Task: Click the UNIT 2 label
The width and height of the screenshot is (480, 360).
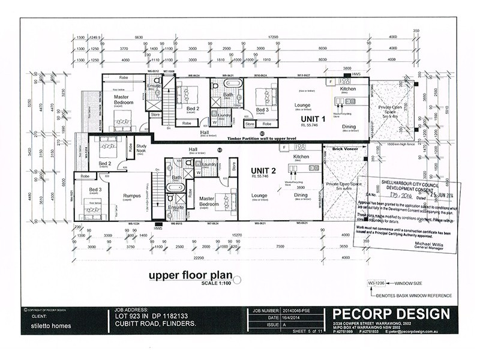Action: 263,170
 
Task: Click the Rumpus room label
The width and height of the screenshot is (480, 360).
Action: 132,195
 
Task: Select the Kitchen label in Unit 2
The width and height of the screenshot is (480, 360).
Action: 301,157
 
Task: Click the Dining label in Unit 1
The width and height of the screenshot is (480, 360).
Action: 349,127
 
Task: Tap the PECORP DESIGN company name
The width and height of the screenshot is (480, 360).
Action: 389,313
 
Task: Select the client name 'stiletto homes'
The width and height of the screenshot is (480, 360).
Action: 51,326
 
